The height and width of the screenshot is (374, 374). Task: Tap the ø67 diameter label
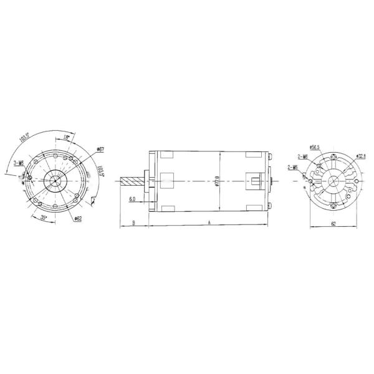point(100,150)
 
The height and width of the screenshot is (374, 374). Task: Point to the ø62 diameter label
point(78,218)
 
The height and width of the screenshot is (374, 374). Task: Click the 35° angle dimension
point(44,218)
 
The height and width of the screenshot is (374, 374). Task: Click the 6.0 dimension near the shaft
point(132,199)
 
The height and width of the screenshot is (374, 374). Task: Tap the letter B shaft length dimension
point(134,222)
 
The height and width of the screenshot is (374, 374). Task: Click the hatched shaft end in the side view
point(132,181)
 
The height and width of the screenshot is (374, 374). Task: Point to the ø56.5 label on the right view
point(315,148)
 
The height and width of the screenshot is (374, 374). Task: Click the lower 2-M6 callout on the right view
point(294,167)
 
